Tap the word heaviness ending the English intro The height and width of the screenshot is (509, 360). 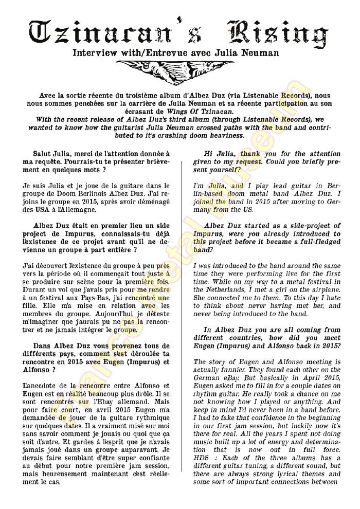coord(223,136)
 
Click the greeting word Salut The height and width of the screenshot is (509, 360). coord(44,154)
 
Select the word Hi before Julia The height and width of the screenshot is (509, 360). coord(209,154)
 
